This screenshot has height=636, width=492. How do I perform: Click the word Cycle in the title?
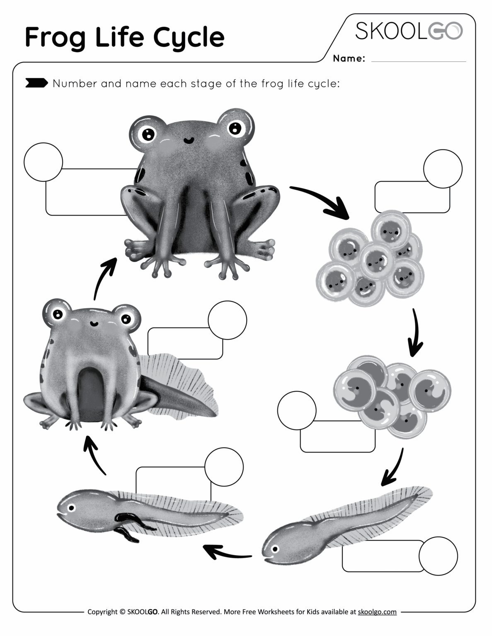[x=189, y=37]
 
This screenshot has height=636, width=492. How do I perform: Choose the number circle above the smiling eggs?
[x=443, y=169]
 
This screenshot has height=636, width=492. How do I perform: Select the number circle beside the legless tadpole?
[x=438, y=556]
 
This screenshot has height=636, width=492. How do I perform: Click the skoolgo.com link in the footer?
[x=377, y=612]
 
